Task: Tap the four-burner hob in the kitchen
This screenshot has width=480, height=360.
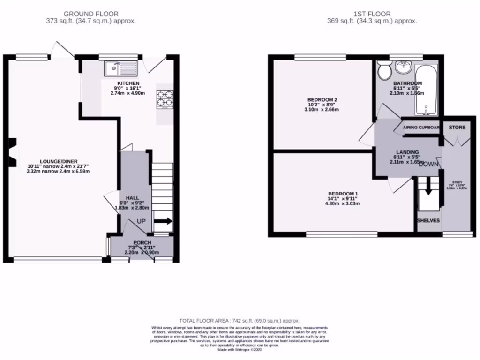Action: [164, 99]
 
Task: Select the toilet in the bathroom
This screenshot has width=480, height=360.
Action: [385, 72]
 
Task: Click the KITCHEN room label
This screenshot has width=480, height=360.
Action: [128, 83]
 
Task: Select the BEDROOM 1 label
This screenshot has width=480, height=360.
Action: [343, 194]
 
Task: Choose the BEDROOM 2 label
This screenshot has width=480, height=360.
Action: [322, 100]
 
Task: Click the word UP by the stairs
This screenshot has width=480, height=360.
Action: [141, 221]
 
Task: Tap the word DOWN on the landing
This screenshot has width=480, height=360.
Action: [428, 164]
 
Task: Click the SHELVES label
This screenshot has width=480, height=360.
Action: [428, 219]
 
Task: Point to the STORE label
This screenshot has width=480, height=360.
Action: [457, 127]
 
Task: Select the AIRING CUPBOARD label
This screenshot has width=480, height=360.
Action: [421, 127]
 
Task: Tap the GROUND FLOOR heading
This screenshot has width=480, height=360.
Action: [91, 14]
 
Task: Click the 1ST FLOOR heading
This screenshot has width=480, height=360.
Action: [372, 14]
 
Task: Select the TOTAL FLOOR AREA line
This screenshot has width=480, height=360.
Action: [240, 319]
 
